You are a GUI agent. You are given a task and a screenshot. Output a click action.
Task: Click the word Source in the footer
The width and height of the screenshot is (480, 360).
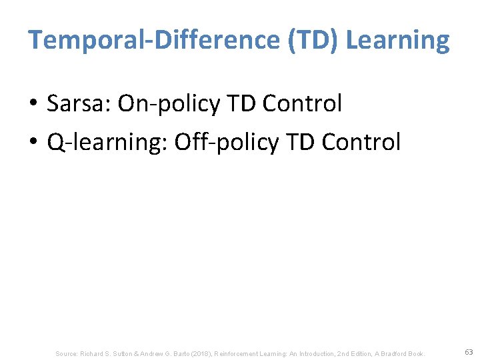pyautogui.click(x=67, y=353)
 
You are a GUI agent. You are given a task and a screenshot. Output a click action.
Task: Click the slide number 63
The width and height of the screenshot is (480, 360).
pyautogui.click(x=469, y=351)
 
